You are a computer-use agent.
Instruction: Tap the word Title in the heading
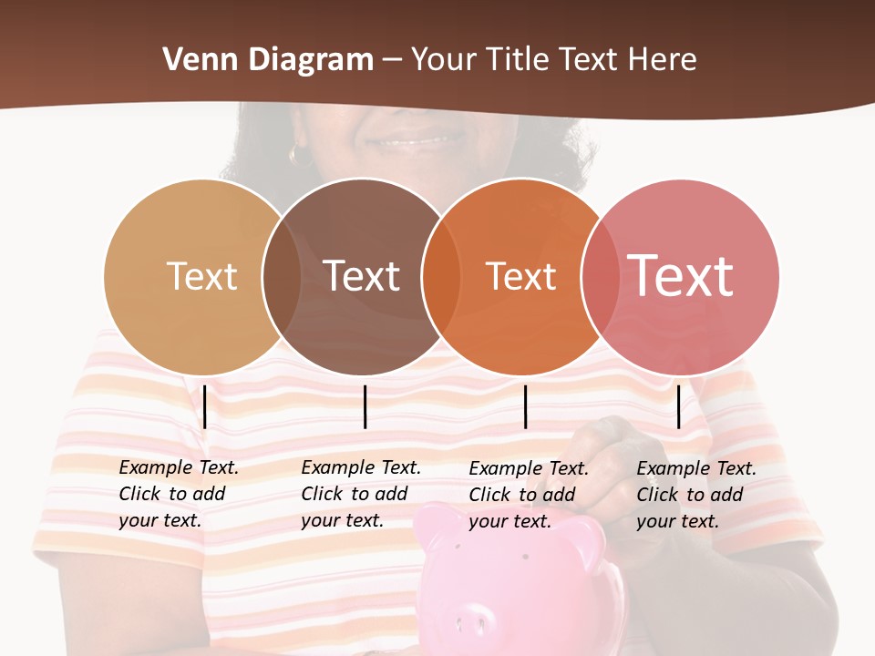(523, 60)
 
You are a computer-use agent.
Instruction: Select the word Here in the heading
(663, 60)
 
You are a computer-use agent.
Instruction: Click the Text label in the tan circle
(201, 276)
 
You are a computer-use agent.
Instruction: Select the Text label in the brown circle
(361, 276)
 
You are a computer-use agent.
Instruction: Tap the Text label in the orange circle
(520, 276)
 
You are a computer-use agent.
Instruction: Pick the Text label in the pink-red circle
(680, 275)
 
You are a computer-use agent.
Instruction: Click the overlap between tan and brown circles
(282, 276)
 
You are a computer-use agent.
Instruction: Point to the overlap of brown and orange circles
(440, 276)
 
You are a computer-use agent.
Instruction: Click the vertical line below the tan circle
(205, 406)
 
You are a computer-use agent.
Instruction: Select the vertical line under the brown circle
(365, 406)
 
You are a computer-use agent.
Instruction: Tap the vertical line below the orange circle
(525, 406)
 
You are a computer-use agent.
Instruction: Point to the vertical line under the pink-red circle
(678, 406)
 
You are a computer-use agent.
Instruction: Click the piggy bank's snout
(468, 620)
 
